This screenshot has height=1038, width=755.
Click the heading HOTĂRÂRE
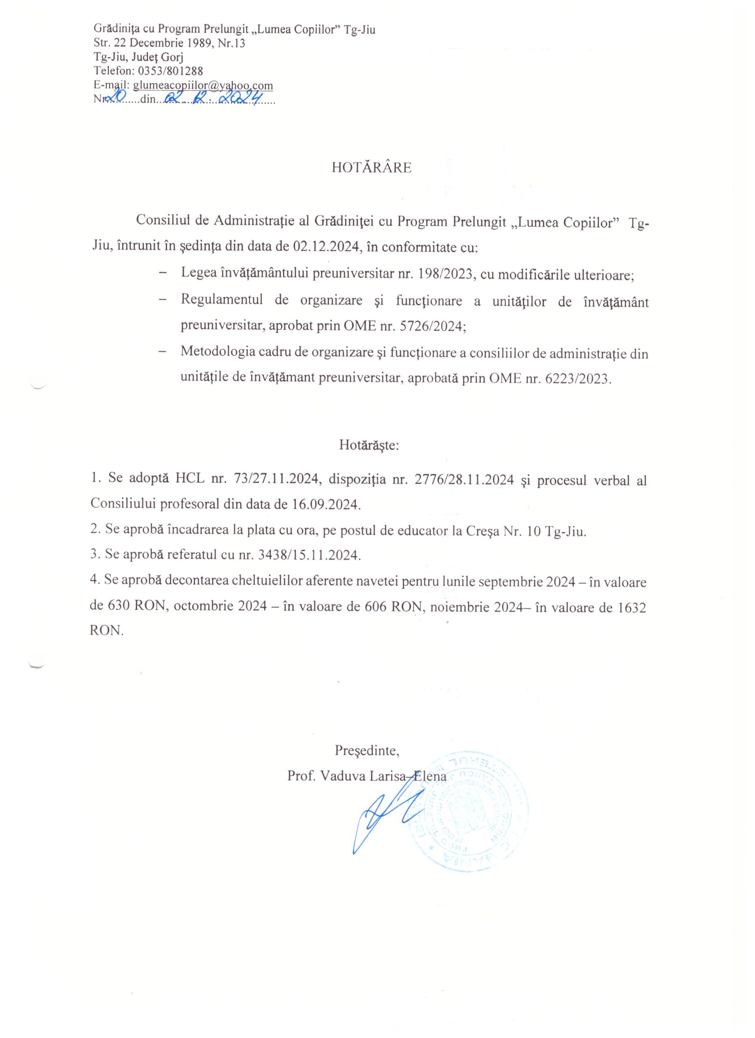pos(371,168)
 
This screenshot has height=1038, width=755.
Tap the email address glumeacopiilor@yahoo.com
pos(203,85)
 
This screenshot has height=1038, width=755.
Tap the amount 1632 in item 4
pos(631,607)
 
